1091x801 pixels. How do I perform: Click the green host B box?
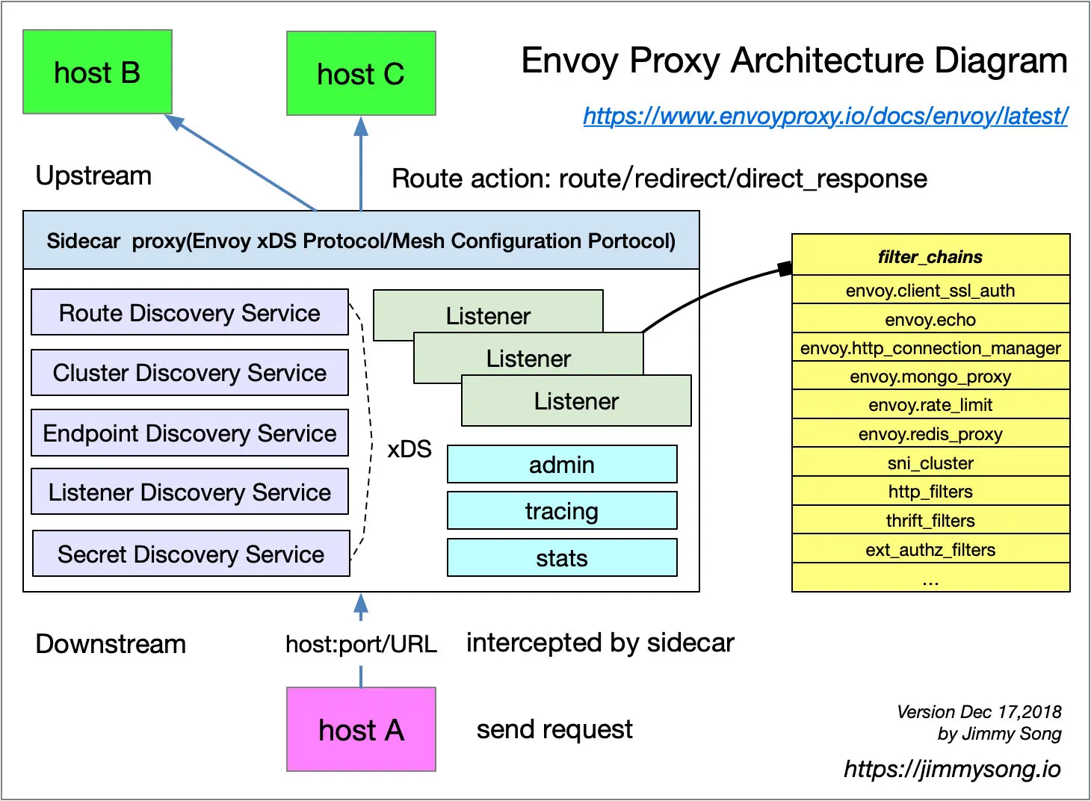(x=97, y=72)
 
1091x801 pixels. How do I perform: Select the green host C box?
(x=361, y=74)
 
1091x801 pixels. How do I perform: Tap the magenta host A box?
(x=361, y=729)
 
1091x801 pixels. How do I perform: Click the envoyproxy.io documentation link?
(x=825, y=116)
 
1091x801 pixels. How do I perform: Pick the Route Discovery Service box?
(x=190, y=312)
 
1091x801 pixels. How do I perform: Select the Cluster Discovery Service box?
(x=190, y=372)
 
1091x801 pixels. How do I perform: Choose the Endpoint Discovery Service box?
(x=190, y=433)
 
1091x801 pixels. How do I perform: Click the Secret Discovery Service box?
(x=191, y=554)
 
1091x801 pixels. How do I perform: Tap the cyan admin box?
(x=562, y=465)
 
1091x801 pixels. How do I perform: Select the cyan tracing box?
(x=562, y=511)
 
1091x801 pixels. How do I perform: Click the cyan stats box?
(x=562, y=558)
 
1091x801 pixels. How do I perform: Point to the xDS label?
(x=409, y=449)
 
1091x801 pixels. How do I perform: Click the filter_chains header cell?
(x=930, y=256)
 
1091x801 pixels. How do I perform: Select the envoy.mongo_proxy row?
(x=930, y=377)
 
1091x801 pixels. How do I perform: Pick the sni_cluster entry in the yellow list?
(x=930, y=463)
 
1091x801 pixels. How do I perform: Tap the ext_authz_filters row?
(x=930, y=550)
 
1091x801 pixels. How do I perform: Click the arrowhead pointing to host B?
(x=174, y=122)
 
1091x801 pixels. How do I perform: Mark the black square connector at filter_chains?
(x=785, y=268)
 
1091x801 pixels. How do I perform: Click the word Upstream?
(x=93, y=176)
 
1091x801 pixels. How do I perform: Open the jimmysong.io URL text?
(x=952, y=769)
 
